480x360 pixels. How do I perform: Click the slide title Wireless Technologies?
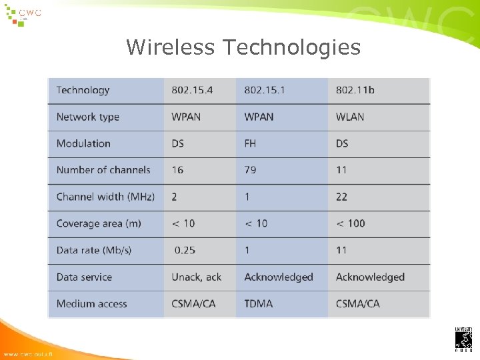[243, 47]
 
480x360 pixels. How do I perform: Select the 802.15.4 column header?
[192, 90]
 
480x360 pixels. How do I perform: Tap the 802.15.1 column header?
[265, 90]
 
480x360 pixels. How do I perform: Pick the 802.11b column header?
[355, 90]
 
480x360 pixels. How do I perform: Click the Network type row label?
[88, 117]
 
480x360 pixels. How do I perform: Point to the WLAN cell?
[350, 117]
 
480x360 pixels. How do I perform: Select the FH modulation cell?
[251, 143]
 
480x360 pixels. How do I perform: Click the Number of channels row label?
[103, 170]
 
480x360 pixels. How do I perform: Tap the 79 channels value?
[250, 170]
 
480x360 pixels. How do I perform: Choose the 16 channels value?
[177, 170]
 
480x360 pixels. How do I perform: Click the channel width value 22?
[341, 197]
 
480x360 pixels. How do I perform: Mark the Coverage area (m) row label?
[99, 223]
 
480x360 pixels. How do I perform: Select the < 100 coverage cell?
[351, 223]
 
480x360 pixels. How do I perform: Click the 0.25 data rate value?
[185, 250]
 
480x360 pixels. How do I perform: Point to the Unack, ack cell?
[197, 277]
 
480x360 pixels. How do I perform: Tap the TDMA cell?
[259, 303]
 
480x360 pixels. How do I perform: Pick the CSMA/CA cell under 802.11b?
[358, 303]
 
